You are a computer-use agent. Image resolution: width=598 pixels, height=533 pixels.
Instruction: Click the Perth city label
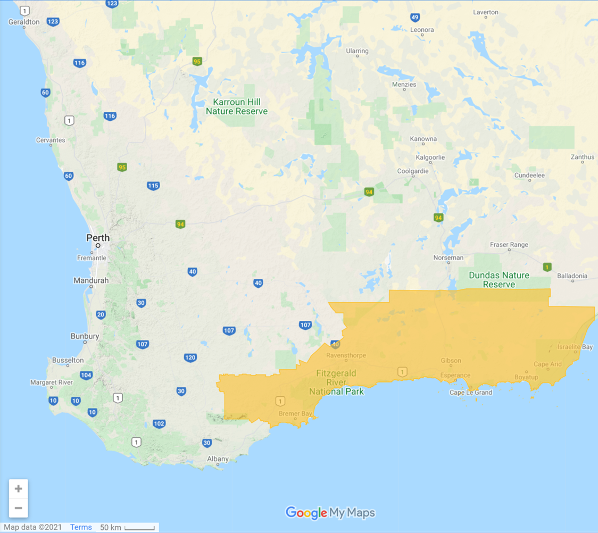click(98, 238)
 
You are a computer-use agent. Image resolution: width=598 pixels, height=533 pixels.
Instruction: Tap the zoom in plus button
click(19, 488)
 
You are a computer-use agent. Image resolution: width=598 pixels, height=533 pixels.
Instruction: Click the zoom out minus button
click(19, 508)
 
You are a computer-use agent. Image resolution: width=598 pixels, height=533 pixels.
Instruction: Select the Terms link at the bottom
click(81, 527)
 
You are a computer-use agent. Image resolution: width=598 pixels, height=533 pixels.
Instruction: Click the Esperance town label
click(455, 376)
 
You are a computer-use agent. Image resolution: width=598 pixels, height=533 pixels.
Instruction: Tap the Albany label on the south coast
click(218, 459)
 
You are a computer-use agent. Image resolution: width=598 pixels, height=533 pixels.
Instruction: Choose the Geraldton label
click(24, 22)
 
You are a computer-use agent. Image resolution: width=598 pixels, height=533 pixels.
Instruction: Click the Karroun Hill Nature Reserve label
click(237, 106)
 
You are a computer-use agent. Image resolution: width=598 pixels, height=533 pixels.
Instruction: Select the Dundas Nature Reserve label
click(499, 280)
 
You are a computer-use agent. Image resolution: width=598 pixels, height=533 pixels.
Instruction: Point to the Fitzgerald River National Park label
click(337, 382)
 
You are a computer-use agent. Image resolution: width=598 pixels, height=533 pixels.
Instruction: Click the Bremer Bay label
click(295, 413)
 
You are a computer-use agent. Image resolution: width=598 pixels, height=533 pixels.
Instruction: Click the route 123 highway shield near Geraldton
click(53, 22)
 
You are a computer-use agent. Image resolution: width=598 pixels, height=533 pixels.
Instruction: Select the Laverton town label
click(486, 12)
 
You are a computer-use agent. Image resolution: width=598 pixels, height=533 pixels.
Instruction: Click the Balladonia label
click(572, 276)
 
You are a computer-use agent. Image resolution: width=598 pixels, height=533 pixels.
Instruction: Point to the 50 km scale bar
click(139, 528)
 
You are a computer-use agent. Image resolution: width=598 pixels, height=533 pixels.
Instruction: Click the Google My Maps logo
click(330, 513)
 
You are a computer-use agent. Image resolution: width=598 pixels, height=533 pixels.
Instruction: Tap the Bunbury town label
click(85, 336)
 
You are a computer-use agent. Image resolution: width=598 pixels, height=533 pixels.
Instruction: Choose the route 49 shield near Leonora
click(415, 18)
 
